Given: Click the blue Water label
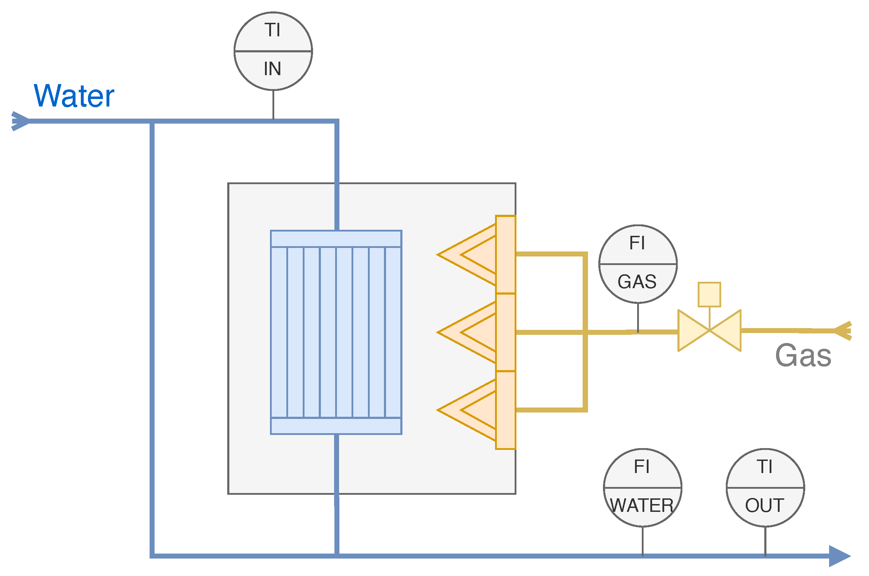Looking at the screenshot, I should click(x=74, y=96).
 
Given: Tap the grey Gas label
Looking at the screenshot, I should click(x=803, y=356).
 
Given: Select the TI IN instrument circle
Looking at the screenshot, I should click(x=273, y=51).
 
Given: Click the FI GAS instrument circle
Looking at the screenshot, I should click(x=638, y=264).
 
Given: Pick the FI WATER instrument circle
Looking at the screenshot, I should click(x=643, y=488).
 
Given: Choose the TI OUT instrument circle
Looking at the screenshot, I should click(x=765, y=488).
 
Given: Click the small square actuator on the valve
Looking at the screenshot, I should click(x=709, y=294).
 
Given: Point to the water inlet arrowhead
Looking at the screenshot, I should click(x=20, y=121).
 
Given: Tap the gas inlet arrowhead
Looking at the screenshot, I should click(x=843, y=331).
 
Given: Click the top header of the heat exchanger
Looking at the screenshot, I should click(x=336, y=238).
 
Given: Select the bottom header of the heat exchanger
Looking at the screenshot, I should click(x=336, y=426).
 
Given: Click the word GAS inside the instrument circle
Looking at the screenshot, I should click(x=637, y=282).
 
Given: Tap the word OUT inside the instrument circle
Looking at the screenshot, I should click(x=765, y=506).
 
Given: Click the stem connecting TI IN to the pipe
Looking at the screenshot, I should click(x=273, y=105).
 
